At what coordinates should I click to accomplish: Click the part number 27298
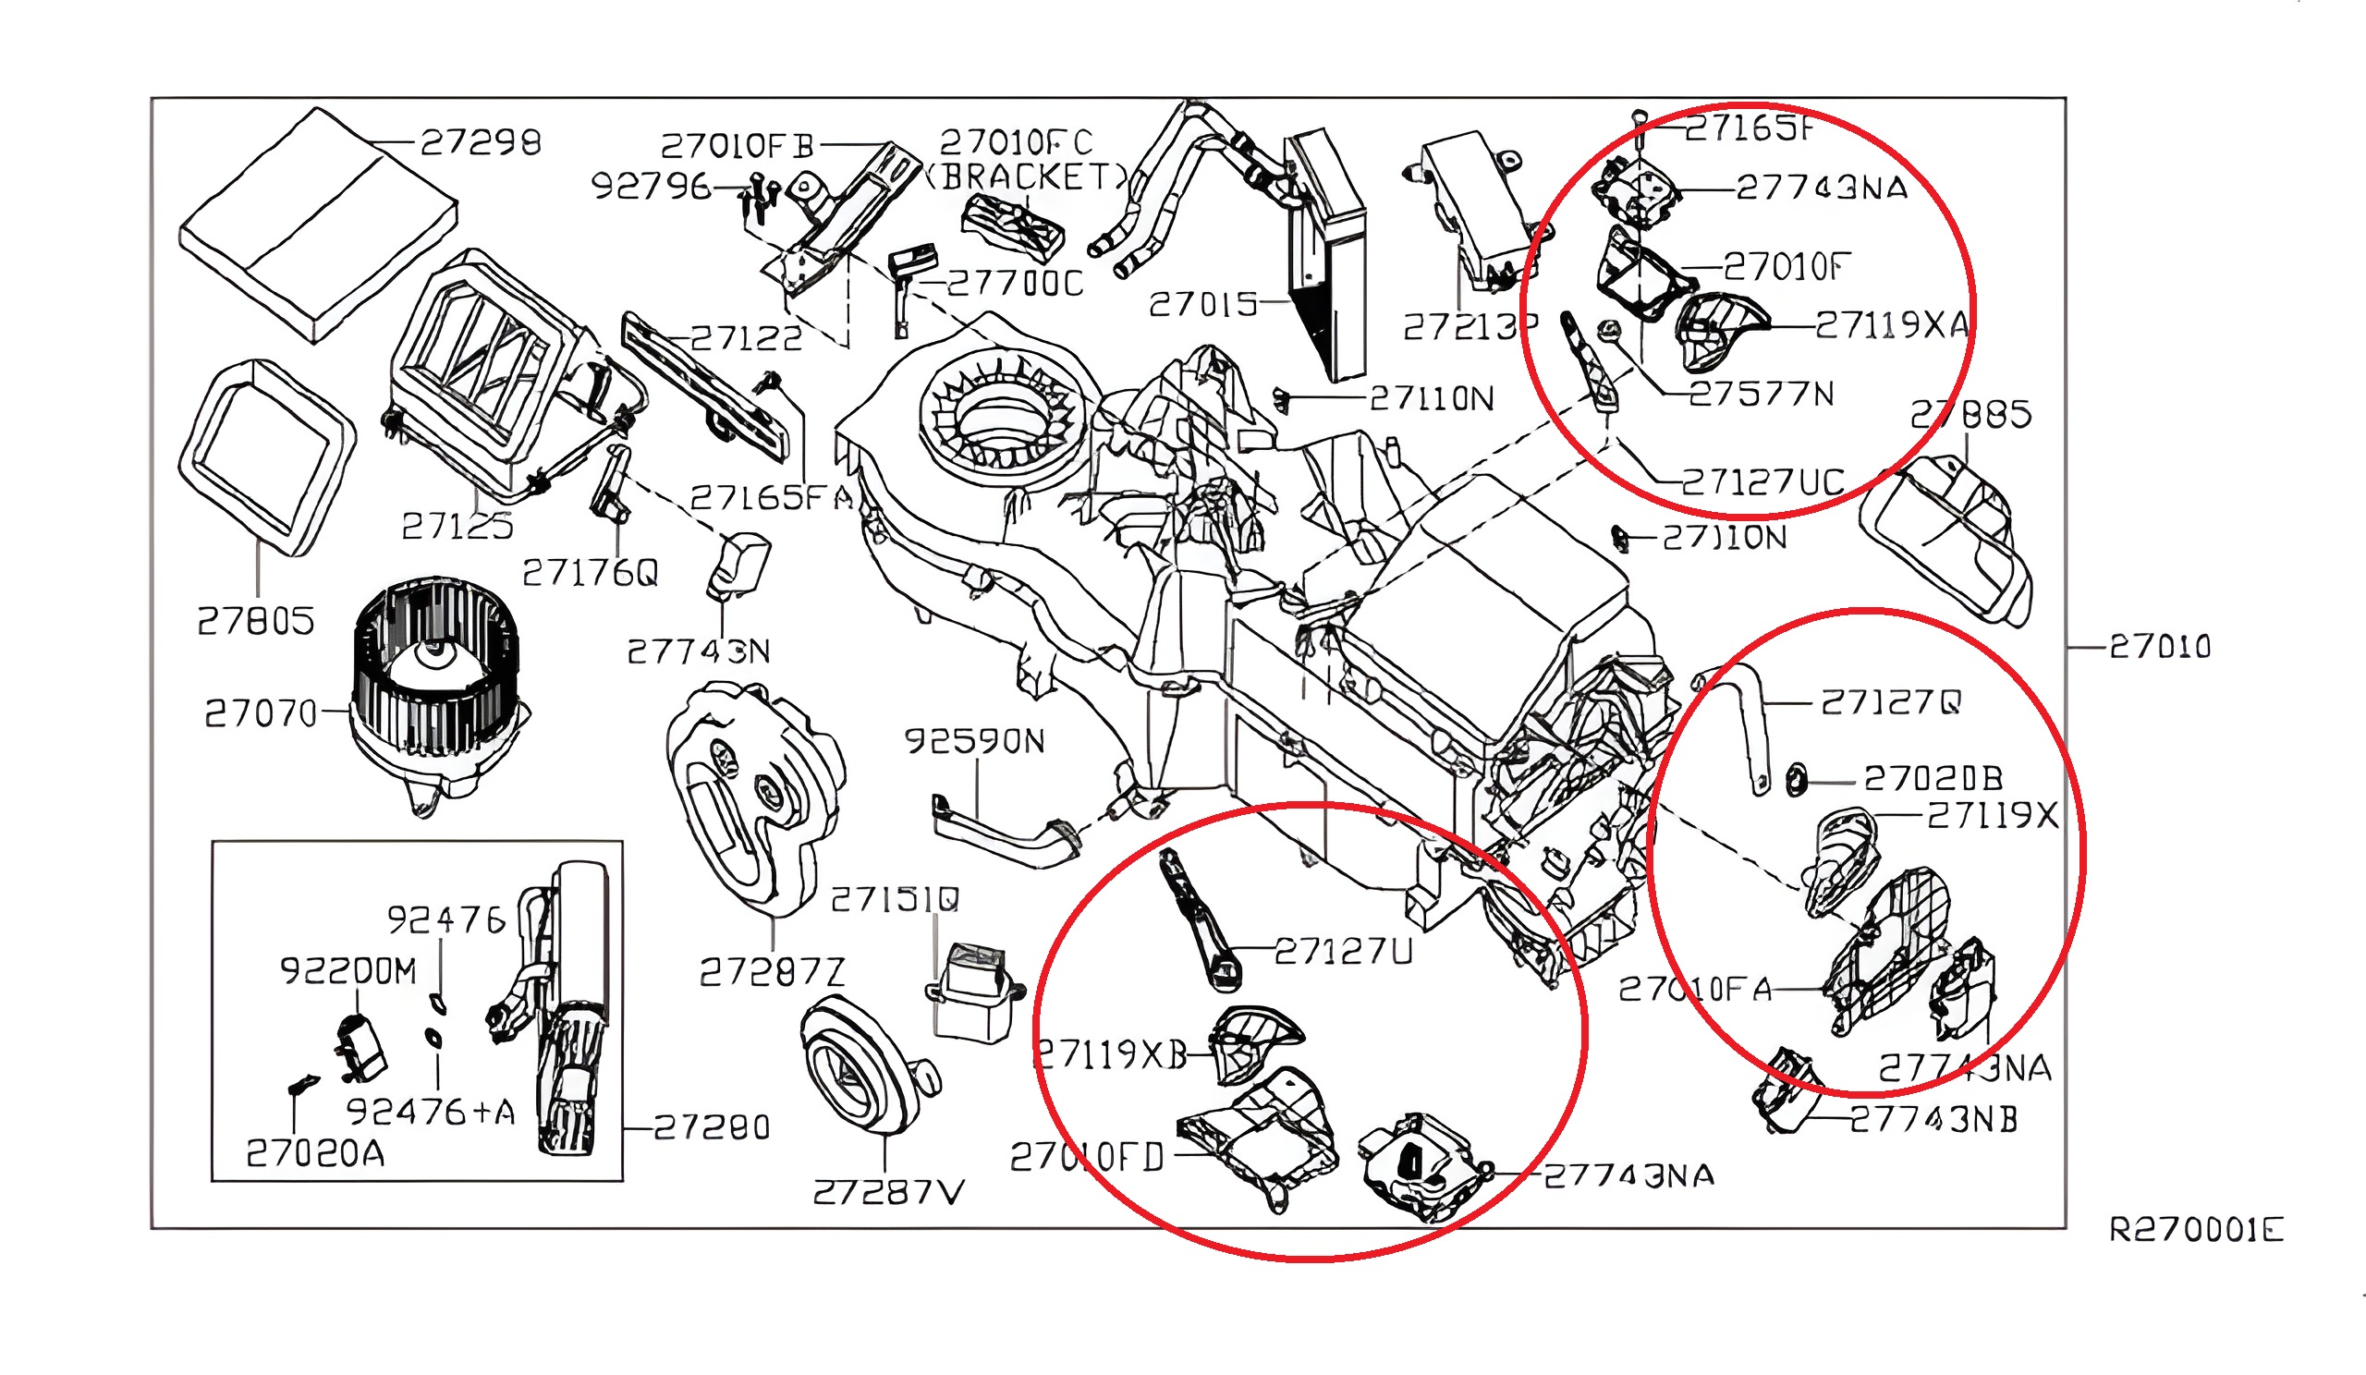click(480, 142)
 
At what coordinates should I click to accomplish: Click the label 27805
click(255, 621)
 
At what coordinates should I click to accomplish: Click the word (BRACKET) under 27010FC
click(1025, 176)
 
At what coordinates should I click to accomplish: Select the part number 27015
click(1202, 304)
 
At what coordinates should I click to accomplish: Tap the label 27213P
click(1470, 326)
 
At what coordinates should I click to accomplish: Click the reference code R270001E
click(2195, 1230)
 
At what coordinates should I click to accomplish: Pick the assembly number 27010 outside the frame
click(2160, 647)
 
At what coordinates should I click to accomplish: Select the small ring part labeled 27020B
click(1795, 779)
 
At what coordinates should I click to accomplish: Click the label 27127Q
click(1890, 702)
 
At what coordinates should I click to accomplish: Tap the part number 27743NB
click(1933, 1120)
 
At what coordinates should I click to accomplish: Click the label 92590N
click(973, 741)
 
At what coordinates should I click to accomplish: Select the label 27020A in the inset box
click(315, 1153)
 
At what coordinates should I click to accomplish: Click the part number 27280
click(711, 1127)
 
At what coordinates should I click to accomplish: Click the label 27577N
click(1761, 395)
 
